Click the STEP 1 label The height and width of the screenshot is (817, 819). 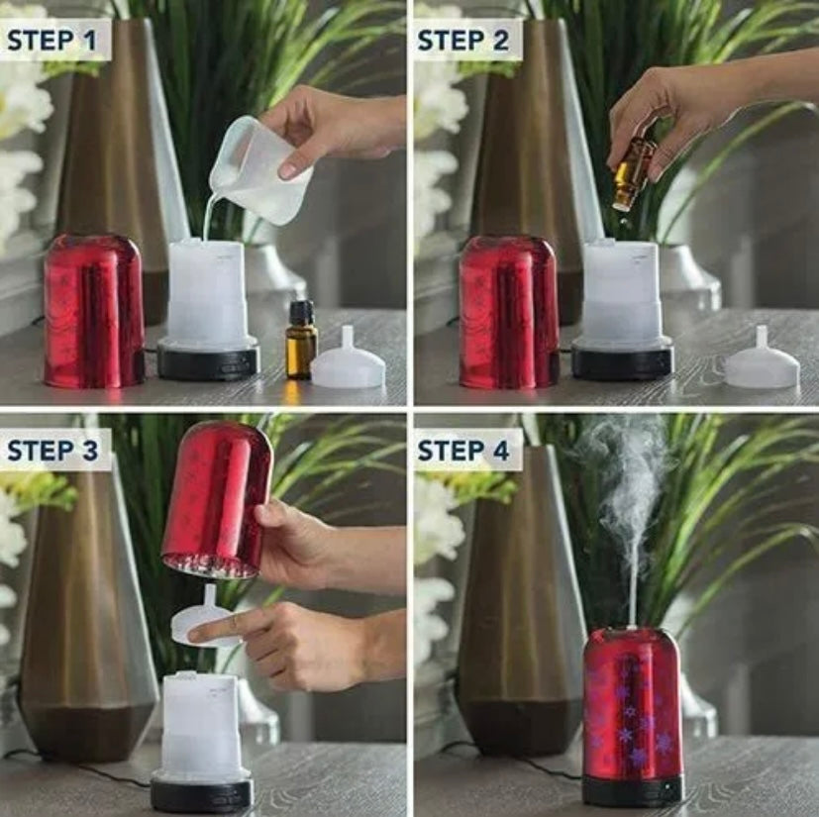[51, 41]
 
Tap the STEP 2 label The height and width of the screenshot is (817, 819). [462, 41]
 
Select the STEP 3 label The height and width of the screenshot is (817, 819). [52, 451]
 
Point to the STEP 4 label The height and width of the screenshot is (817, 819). [462, 451]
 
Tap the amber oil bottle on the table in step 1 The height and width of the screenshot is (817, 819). [301, 340]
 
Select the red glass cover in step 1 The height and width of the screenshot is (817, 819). [94, 311]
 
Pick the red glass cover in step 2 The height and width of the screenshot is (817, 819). [509, 312]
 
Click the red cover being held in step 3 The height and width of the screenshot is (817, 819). [217, 500]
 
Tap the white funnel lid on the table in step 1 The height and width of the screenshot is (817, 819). [349, 358]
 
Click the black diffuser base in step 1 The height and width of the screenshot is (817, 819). [208, 358]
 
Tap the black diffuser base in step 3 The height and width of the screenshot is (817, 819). [202, 793]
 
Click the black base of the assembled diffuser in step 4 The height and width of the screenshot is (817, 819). [633, 789]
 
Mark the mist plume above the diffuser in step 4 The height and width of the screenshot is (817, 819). [630, 522]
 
